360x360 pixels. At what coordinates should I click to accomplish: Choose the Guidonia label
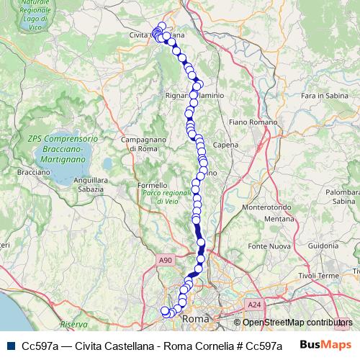[327, 246]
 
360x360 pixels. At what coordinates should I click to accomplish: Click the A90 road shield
[166, 260]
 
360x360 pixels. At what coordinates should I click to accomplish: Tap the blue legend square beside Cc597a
[10, 346]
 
